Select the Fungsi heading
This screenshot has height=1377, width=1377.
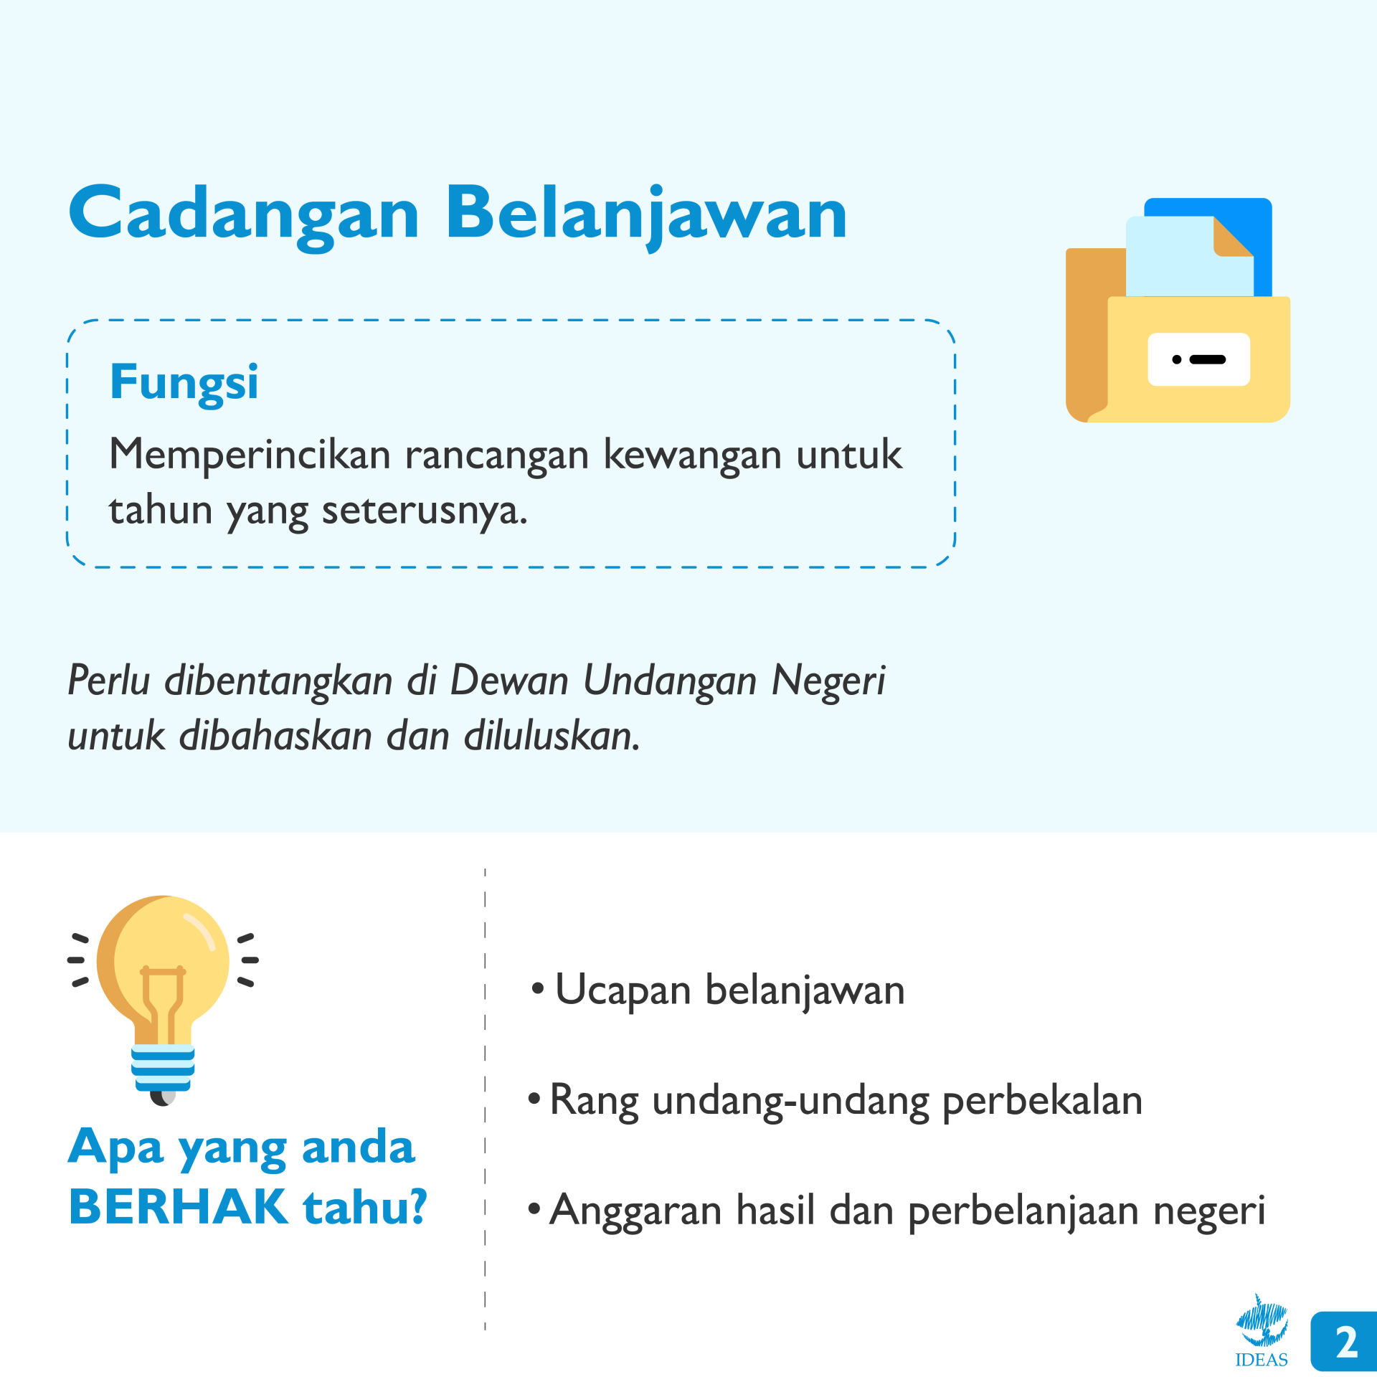click(184, 382)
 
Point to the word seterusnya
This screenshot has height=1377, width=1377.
click(424, 511)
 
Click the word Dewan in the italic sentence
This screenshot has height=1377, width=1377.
click(509, 680)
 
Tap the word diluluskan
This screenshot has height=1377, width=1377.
click(552, 736)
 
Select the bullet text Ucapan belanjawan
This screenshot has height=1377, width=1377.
click(729, 991)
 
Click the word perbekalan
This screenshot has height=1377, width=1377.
click(1042, 1102)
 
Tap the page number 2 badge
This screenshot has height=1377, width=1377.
click(1343, 1342)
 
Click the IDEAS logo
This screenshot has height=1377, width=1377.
click(1262, 1331)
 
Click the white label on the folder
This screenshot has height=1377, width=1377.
click(1199, 359)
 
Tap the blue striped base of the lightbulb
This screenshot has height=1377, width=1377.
click(163, 1067)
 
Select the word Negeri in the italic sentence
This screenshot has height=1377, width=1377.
click(828, 681)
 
